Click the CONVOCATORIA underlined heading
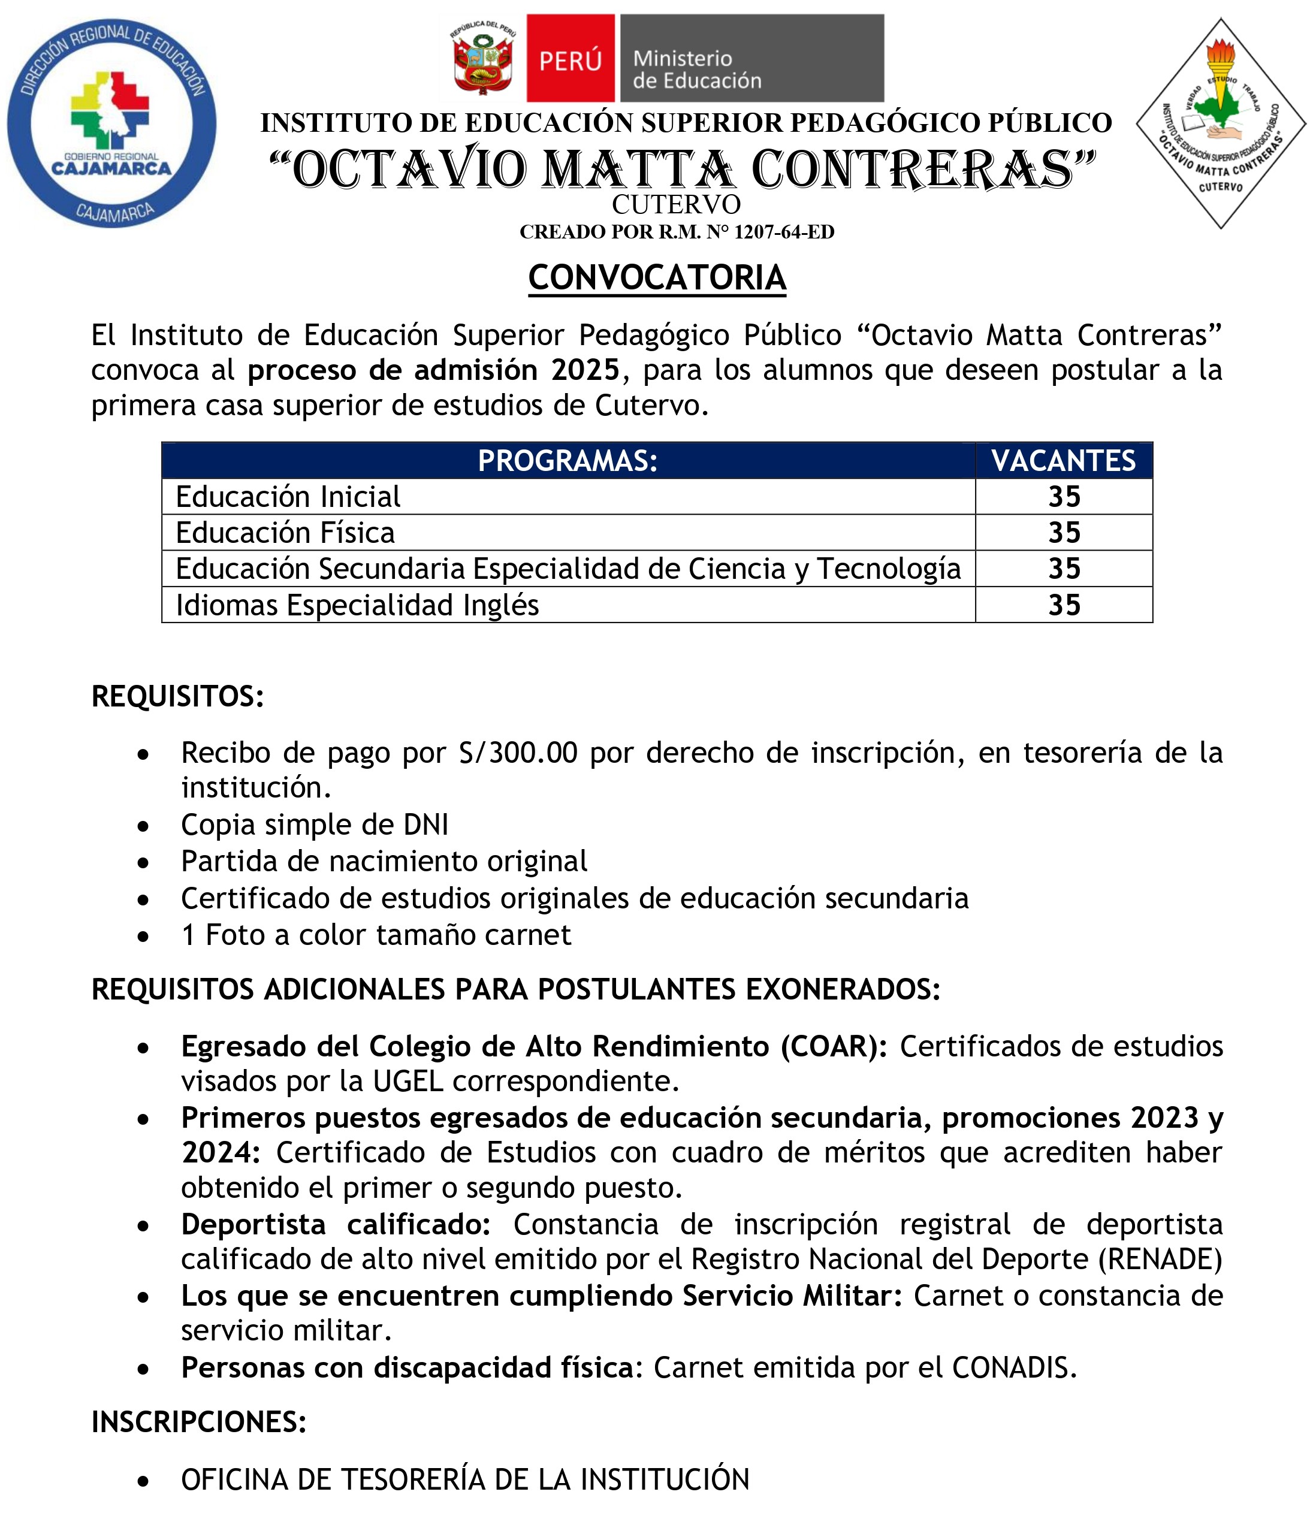coord(657,279)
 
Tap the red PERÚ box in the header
coord(570,58)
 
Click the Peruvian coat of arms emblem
coord(482,59)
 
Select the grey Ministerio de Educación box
coord(751,58)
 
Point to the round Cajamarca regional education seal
coord(111,123)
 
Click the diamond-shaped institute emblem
coord(1220,123)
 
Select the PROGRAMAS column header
coord(568,461)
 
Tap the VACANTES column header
coord(1063,461)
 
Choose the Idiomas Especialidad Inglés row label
coord(357,605)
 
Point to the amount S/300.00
coord(517,753)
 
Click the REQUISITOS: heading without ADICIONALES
coord(177,696)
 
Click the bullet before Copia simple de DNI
coord(143,826)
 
